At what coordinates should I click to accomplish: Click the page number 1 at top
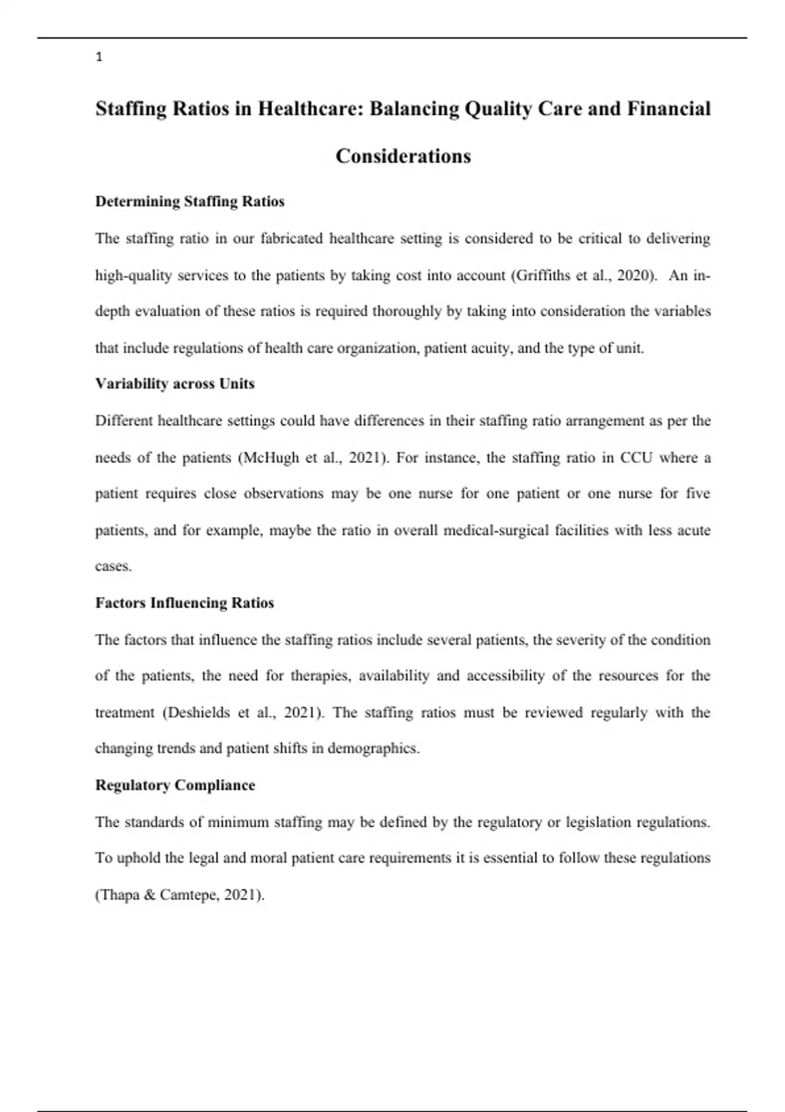click(99, 58)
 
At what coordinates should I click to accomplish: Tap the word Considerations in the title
click(403, 156)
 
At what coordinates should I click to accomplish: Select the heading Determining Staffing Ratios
click(190, 201)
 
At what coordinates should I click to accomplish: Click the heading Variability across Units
click(175, 384)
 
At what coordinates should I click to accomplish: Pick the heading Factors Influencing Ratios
click(184, 603)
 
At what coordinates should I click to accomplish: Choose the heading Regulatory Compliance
click(175, 785)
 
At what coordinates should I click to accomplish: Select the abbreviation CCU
click(636, 458)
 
